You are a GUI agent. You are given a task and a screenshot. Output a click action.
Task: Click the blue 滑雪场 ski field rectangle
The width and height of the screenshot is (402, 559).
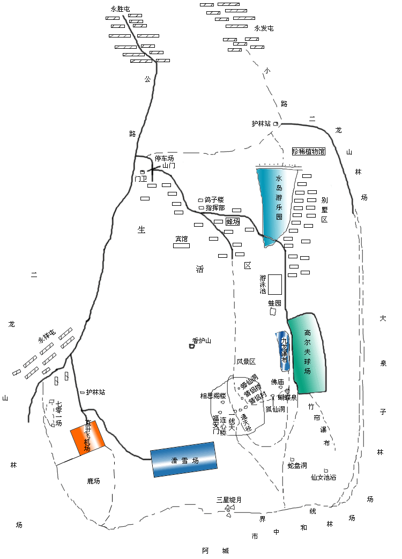(183, 459)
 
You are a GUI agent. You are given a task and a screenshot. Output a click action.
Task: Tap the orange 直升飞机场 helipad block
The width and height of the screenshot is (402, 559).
(87, 437)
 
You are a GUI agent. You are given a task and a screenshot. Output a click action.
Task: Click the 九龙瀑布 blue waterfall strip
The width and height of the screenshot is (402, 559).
(284, 351)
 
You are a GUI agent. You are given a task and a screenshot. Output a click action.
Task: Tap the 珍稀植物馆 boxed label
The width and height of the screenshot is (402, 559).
(309, 152)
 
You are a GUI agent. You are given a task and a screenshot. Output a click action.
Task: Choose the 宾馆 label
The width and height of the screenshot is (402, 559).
(182, 238)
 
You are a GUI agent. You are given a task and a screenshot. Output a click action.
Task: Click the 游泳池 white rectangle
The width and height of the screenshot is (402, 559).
(275, 284)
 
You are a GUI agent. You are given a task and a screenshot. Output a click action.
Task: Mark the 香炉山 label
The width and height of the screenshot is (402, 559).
(202, 340)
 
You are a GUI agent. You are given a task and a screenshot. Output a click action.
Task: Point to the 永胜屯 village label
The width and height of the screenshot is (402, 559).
(120, 9)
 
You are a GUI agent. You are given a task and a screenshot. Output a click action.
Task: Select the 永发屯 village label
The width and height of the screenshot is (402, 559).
(264, 28)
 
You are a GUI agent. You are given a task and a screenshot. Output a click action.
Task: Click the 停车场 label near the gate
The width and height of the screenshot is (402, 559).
(165, 159)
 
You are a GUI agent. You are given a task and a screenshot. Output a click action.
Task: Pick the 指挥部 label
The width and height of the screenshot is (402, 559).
(215, 207)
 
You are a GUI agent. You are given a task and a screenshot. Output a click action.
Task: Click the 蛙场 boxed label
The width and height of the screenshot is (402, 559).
(233, 221)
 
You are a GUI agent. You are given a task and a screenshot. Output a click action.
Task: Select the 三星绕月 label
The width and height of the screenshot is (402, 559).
(229, 500)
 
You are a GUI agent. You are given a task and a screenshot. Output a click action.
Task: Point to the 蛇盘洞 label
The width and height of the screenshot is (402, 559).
(297, 465)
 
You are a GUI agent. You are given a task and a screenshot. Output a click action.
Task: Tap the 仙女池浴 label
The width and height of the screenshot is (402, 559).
(324, 477)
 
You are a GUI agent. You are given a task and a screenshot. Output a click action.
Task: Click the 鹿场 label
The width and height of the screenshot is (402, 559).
(94, 481)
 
